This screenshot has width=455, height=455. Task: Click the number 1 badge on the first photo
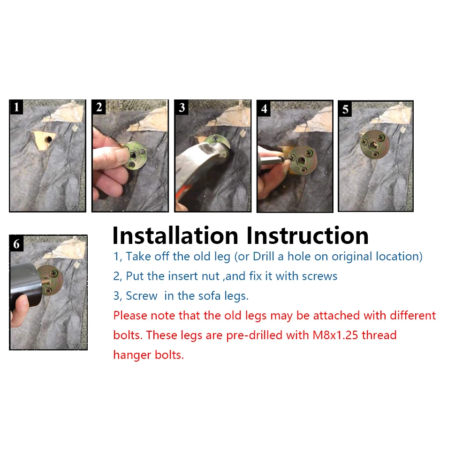(x=16, y=107)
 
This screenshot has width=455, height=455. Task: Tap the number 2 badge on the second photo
(x=99, y=107)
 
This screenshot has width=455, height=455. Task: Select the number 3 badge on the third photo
(x=182, y=107)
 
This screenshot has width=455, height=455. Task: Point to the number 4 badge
(x=264, y=108)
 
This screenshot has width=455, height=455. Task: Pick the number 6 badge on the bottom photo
(x=16, y=243)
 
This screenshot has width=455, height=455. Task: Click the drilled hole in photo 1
(x=49, y=139)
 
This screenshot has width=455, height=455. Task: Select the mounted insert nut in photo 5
(x=374, y=144)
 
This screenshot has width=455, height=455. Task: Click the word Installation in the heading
(x=175, y=235)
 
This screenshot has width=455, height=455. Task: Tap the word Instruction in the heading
(x=308, y=235)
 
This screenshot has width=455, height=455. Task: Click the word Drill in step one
(x=264, y=256)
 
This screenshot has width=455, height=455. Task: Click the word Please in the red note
(x=130, y=315)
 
